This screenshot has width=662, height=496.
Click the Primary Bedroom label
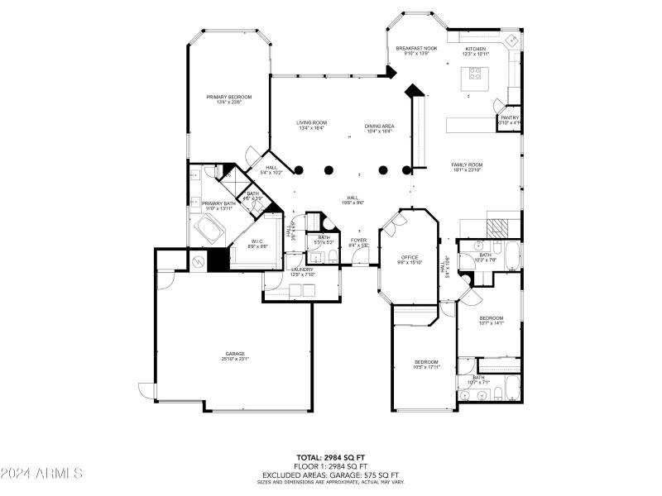point(229,99)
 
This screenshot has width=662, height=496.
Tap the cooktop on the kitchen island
point(477,72)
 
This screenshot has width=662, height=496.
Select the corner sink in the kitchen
point(512,40)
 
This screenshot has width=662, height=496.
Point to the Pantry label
point(509,120)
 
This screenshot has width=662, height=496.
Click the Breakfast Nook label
point(416,50)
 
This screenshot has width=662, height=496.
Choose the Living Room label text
point(312,125)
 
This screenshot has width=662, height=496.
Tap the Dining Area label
point(380,128)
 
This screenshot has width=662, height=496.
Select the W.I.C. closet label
point(257,243)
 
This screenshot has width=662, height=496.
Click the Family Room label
point(467,166)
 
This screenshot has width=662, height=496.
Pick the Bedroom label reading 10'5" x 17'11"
point(426,364)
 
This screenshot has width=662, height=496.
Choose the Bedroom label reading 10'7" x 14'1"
point(492,320)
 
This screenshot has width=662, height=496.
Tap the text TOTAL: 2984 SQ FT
point(330,456)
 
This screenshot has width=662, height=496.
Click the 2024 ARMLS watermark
point(41,474)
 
